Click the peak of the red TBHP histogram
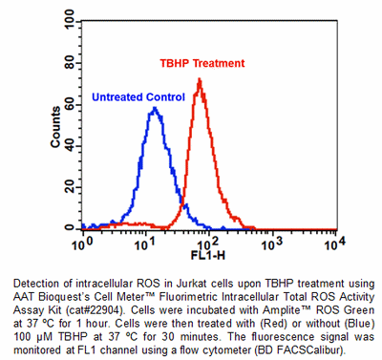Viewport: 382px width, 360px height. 200,79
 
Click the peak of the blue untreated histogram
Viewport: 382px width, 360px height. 153,108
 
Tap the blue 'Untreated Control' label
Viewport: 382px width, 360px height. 137,95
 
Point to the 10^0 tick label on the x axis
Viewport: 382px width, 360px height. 82,244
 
